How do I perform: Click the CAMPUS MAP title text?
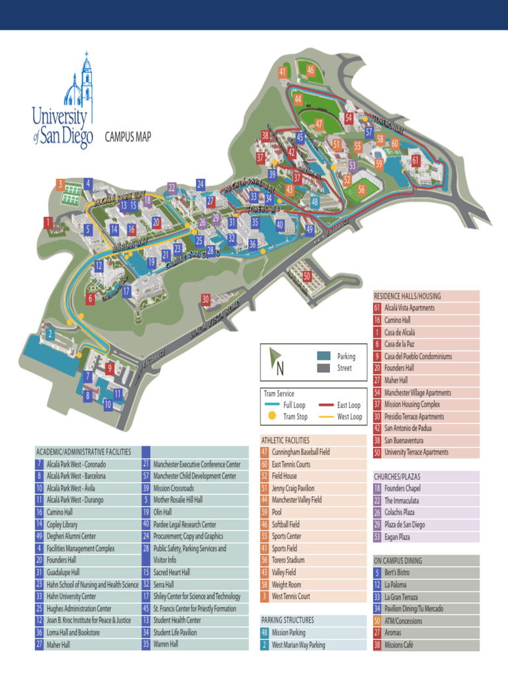coord(128,137)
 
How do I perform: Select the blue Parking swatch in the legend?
coord(324,356)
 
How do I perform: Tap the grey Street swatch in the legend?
coord(324,368)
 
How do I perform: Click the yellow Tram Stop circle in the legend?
coord(271,417)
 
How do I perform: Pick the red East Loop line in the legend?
coord(327,405)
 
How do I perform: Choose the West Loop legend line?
coord(327,417)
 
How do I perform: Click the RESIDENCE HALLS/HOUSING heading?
coord(407,296)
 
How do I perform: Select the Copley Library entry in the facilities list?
coord(62,524)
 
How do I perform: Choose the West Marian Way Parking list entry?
coord(298,645)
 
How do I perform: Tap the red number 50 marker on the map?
coord(307,276)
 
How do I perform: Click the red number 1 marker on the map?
coord(48,223)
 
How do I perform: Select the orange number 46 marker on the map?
coord(310,71)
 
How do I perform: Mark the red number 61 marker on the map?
coord(415,160)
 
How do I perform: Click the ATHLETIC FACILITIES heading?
coord(286,440)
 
